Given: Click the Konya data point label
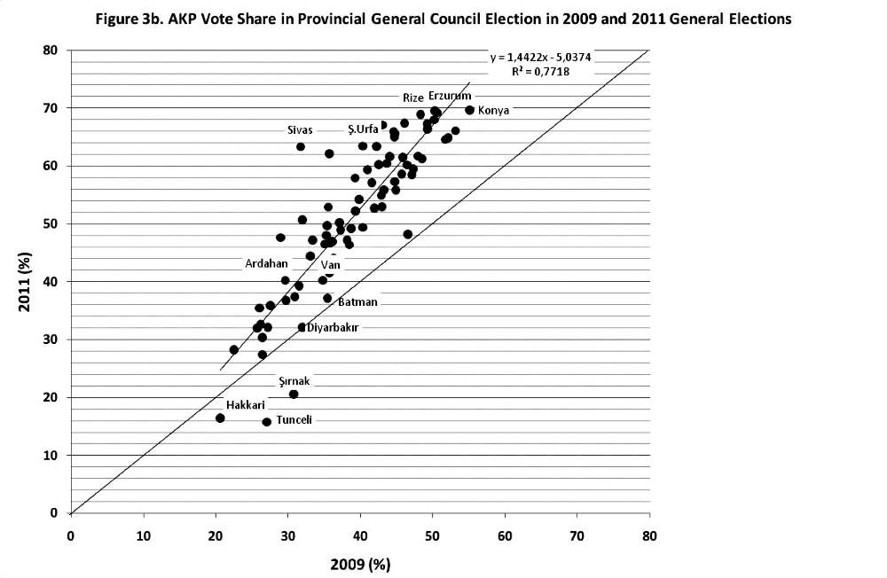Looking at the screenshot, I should coord(493,111).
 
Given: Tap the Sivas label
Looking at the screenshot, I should coord(299,130).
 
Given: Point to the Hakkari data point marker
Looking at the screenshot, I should coord(220,418).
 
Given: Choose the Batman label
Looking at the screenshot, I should coord(358,301).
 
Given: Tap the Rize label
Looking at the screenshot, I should coord(412,98).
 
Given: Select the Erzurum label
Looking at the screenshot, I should coord(450,95).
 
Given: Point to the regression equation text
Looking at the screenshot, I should coord(541,58).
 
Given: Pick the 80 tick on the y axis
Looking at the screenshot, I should coord(52,51).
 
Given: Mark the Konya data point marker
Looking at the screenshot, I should coord(469,110).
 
